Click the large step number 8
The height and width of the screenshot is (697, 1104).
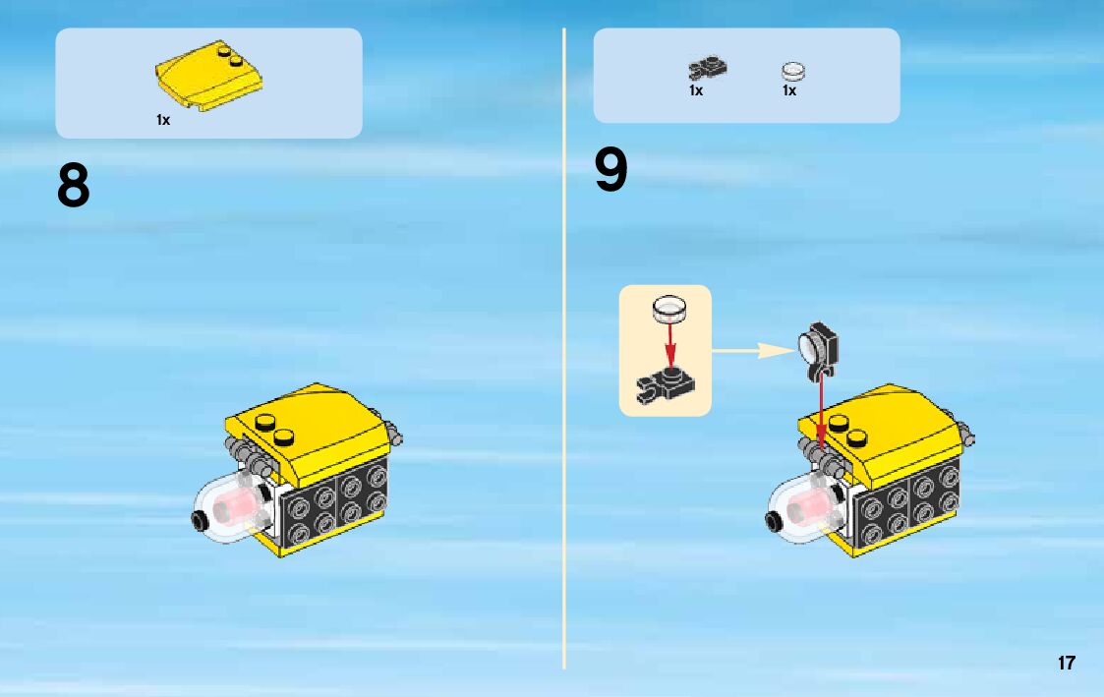tap(73, 185)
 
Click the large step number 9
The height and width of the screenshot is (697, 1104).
tap(610, 169)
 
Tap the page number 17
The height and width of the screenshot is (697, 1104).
tap(1066, 663)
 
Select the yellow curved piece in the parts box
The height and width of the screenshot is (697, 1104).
tap(209, 76)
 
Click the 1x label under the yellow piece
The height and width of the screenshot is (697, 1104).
tap(163, 120)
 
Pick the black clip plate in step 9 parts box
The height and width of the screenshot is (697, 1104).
tap(708, 68)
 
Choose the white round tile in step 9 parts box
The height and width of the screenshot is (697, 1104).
tap(792, 71)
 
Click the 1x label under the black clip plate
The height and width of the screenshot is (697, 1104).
tap(696, 90)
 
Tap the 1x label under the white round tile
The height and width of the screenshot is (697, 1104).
tap(789, 90)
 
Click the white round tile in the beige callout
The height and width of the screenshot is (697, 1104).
tap(668, 309)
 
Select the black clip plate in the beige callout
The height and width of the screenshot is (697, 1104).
tap(666, 385)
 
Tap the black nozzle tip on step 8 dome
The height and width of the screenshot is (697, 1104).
tap(199, 521)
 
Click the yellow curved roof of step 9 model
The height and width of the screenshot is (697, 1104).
tap(880, 430)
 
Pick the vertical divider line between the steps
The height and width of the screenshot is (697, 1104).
tap(564, 348)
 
